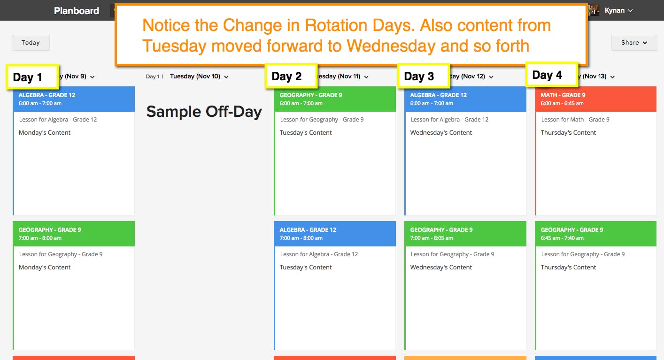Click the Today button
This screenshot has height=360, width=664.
(x=31, y=43)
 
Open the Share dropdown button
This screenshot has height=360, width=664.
(x=634, y=43)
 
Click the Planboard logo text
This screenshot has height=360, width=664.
(x=77, y=11)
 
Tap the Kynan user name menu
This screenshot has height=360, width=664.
(x=618, y=10)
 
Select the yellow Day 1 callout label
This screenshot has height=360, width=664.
(x=32, y=77)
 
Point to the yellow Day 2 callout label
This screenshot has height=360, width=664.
(x=291, y=76)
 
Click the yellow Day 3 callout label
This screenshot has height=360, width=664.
(x=423, y=76)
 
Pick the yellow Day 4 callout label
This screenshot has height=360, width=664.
(x=552, y=75)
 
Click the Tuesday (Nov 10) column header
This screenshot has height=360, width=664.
(x=195, y=77)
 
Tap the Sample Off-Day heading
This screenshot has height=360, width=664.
(x=204, y=112)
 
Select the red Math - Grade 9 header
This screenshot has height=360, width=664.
(x=596, y=99)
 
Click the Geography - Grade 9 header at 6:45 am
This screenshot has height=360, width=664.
(x=596, y=233)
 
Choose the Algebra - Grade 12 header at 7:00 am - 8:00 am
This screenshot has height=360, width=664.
(x=335, y=233)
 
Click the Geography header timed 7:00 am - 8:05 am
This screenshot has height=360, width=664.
(x=465, y=233)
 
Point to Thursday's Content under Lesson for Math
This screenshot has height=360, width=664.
(x=568, y=132)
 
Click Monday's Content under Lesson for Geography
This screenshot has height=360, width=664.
(x=45, y=267)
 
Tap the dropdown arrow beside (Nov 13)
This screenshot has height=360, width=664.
(x=612, y=77)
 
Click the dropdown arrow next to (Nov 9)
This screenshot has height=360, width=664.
(x=92, y=77)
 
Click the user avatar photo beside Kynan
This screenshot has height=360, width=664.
(x=593, y=10)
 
